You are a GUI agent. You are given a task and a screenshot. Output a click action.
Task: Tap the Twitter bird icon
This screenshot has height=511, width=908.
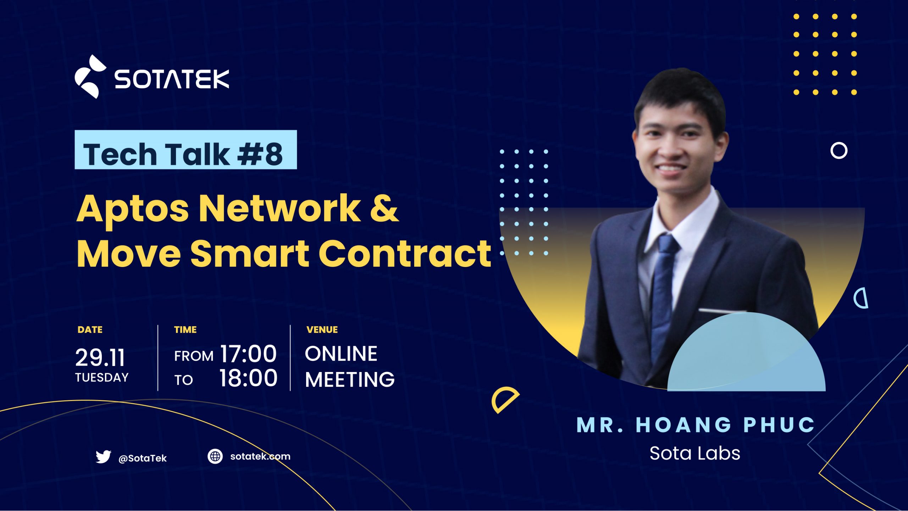pos(103,456)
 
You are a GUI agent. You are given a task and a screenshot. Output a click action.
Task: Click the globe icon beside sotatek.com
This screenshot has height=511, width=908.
pos(215,456)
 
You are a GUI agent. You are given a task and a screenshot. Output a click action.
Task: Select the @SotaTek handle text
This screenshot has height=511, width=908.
pos(142,458)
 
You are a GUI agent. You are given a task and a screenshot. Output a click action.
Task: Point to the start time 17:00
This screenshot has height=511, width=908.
pos(248,354)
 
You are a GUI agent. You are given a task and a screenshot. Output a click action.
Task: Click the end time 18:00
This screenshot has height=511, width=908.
pos(248,378)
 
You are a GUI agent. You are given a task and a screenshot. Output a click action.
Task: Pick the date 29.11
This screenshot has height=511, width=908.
pos(100,357)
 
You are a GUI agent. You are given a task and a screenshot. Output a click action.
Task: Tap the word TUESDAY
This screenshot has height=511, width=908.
pos(102,377)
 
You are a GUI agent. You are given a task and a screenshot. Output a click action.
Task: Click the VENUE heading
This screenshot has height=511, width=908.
pos(322,330)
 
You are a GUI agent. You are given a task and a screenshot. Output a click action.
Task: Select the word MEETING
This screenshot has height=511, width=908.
pos(349,379)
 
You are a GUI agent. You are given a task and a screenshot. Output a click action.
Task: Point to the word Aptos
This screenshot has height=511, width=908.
pos(132,209)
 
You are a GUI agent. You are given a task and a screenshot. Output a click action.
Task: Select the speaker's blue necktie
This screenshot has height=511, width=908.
pos(663,291)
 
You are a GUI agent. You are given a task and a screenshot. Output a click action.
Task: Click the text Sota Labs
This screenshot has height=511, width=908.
pos(694,453)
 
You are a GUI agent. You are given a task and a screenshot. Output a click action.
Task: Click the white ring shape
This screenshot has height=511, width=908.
pos(838,151)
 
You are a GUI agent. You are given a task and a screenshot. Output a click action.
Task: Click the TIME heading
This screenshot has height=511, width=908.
pos(185,330)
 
